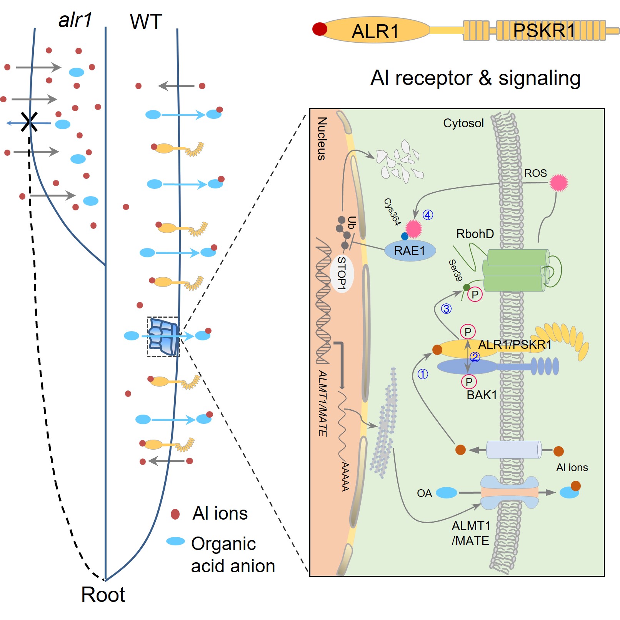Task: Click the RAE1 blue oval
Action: [x=410, y=251]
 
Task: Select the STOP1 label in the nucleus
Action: [x=342, y=273]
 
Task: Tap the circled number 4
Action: [x=428, y=215]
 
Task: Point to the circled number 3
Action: [x=446, y=309]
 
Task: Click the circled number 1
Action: [x=423, y=374]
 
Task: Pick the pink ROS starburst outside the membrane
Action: [x=558, y=183]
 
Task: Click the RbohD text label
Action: [x=475, y=234]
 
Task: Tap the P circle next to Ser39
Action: [x=475, y=295]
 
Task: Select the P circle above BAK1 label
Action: [x=469, y=382]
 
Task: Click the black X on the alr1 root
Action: [x=29, y=122]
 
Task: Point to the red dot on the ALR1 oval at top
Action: [x=320, y=29]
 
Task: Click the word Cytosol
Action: [x=463, y=123]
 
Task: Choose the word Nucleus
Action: [x=322, y=138]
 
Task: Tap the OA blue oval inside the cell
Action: [x=446, y=493]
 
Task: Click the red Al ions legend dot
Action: [x=175, y=514]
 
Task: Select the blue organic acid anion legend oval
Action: [x=175, y=541]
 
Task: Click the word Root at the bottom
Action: [x=103, y=595]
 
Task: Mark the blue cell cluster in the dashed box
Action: [x=163, y=337]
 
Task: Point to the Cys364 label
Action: [x=392, y=212]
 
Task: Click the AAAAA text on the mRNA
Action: [x=345, y=477]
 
